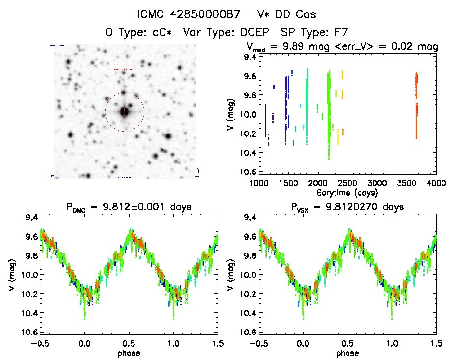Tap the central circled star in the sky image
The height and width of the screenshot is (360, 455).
(x=124, y=112)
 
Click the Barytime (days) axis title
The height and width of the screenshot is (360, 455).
(x=348, y=192)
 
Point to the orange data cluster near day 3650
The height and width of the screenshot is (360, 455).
(x=416, y=106)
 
